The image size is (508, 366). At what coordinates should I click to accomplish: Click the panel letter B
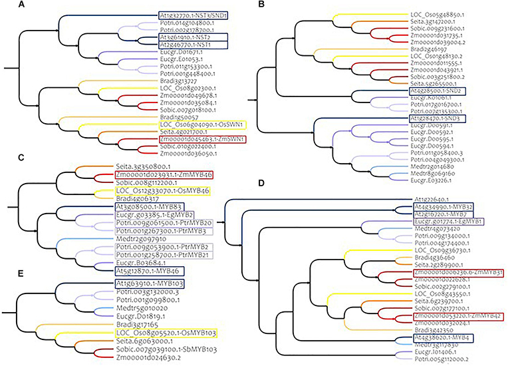(261, 5)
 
